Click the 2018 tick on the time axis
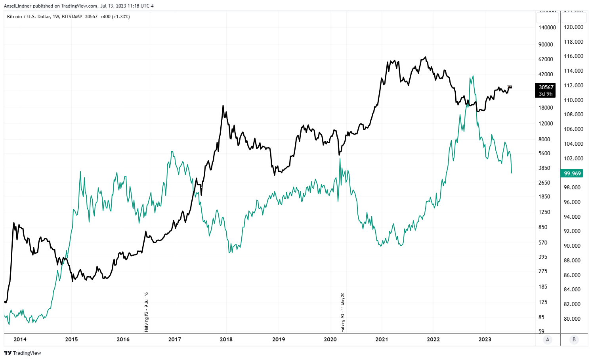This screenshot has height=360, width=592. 226,339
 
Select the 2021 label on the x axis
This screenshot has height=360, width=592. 382,339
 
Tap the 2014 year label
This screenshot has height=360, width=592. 20,339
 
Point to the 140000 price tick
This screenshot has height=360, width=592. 547,27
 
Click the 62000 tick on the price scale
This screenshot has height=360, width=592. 546,59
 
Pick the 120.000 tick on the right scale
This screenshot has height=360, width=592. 574,27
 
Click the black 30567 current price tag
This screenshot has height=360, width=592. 546,87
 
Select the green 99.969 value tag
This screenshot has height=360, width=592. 572,173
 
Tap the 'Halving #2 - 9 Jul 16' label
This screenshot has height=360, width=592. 146,312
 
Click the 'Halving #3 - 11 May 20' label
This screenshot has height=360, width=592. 343,312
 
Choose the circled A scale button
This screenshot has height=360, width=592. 548,339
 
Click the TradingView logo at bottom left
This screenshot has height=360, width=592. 23,353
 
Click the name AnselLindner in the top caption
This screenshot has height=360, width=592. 17,6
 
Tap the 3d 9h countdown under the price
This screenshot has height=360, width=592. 546,94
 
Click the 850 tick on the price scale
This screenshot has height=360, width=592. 543,227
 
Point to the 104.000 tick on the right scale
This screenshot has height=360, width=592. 574,144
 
